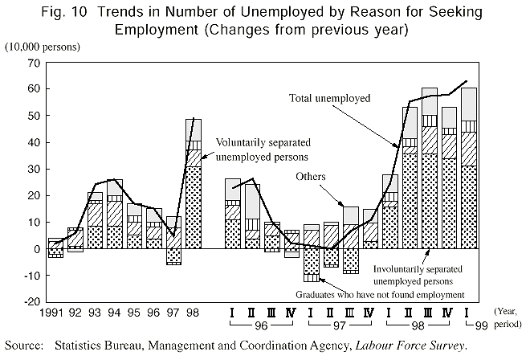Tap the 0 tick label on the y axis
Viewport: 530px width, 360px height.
(35, 249)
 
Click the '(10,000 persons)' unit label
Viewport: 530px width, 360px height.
(43, 47)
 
